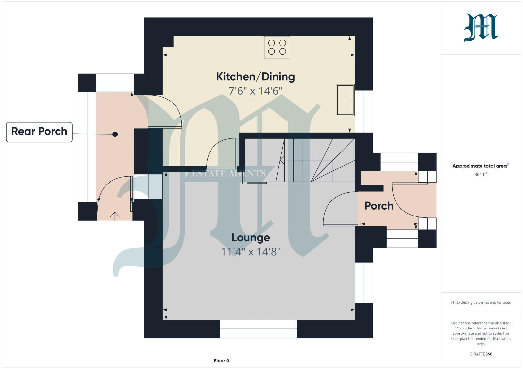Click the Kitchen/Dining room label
255,77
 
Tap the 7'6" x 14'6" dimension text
255,91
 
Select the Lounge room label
251,237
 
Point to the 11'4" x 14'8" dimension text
251,252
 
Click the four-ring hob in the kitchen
277,47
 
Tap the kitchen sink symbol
345,100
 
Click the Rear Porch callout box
39,132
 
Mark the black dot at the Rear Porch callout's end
115,134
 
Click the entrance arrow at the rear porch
115,216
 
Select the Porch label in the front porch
379,206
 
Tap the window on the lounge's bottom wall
258,329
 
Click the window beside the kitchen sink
364,111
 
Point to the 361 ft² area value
481,174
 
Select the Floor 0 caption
221,361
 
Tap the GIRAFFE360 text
481,354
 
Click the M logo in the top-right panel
481,28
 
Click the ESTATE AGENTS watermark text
228,173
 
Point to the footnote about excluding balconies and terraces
481,302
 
